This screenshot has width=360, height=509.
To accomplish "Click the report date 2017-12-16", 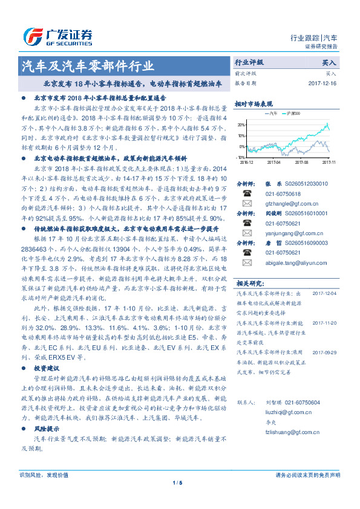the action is pyautogui.click(x=321, y=83).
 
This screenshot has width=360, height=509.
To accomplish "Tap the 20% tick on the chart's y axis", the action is pyautogui.click(x=242, y=124).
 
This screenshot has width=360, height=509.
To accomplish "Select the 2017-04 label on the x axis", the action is pyautogui.click(x=273, y=162).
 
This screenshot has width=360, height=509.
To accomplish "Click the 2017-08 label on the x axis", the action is pyautogui.click(x=301, y=162).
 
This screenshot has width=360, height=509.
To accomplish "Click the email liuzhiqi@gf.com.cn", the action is pyautogui.click(x=278, y=411).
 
